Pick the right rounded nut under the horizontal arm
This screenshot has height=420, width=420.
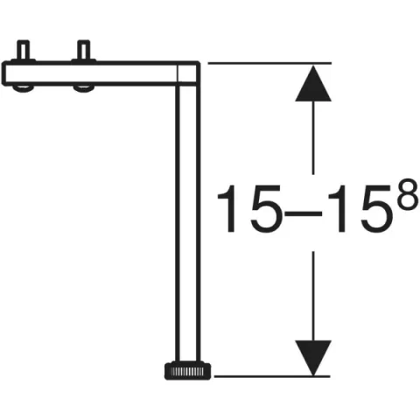83,87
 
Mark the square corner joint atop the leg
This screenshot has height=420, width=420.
189,73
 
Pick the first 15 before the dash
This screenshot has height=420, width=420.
244,211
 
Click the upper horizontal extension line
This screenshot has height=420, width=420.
262,63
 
